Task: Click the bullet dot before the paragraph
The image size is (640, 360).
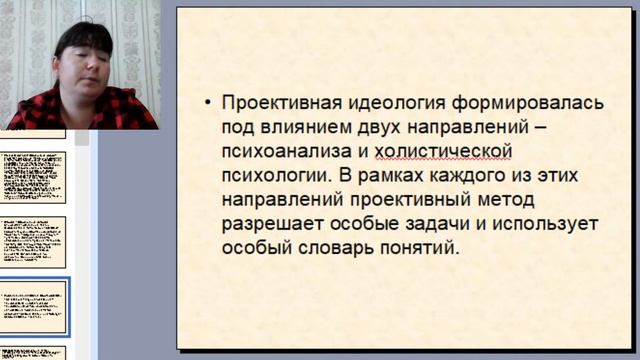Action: [x=207, y=104]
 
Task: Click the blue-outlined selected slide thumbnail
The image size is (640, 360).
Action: [x=34, y=307]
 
